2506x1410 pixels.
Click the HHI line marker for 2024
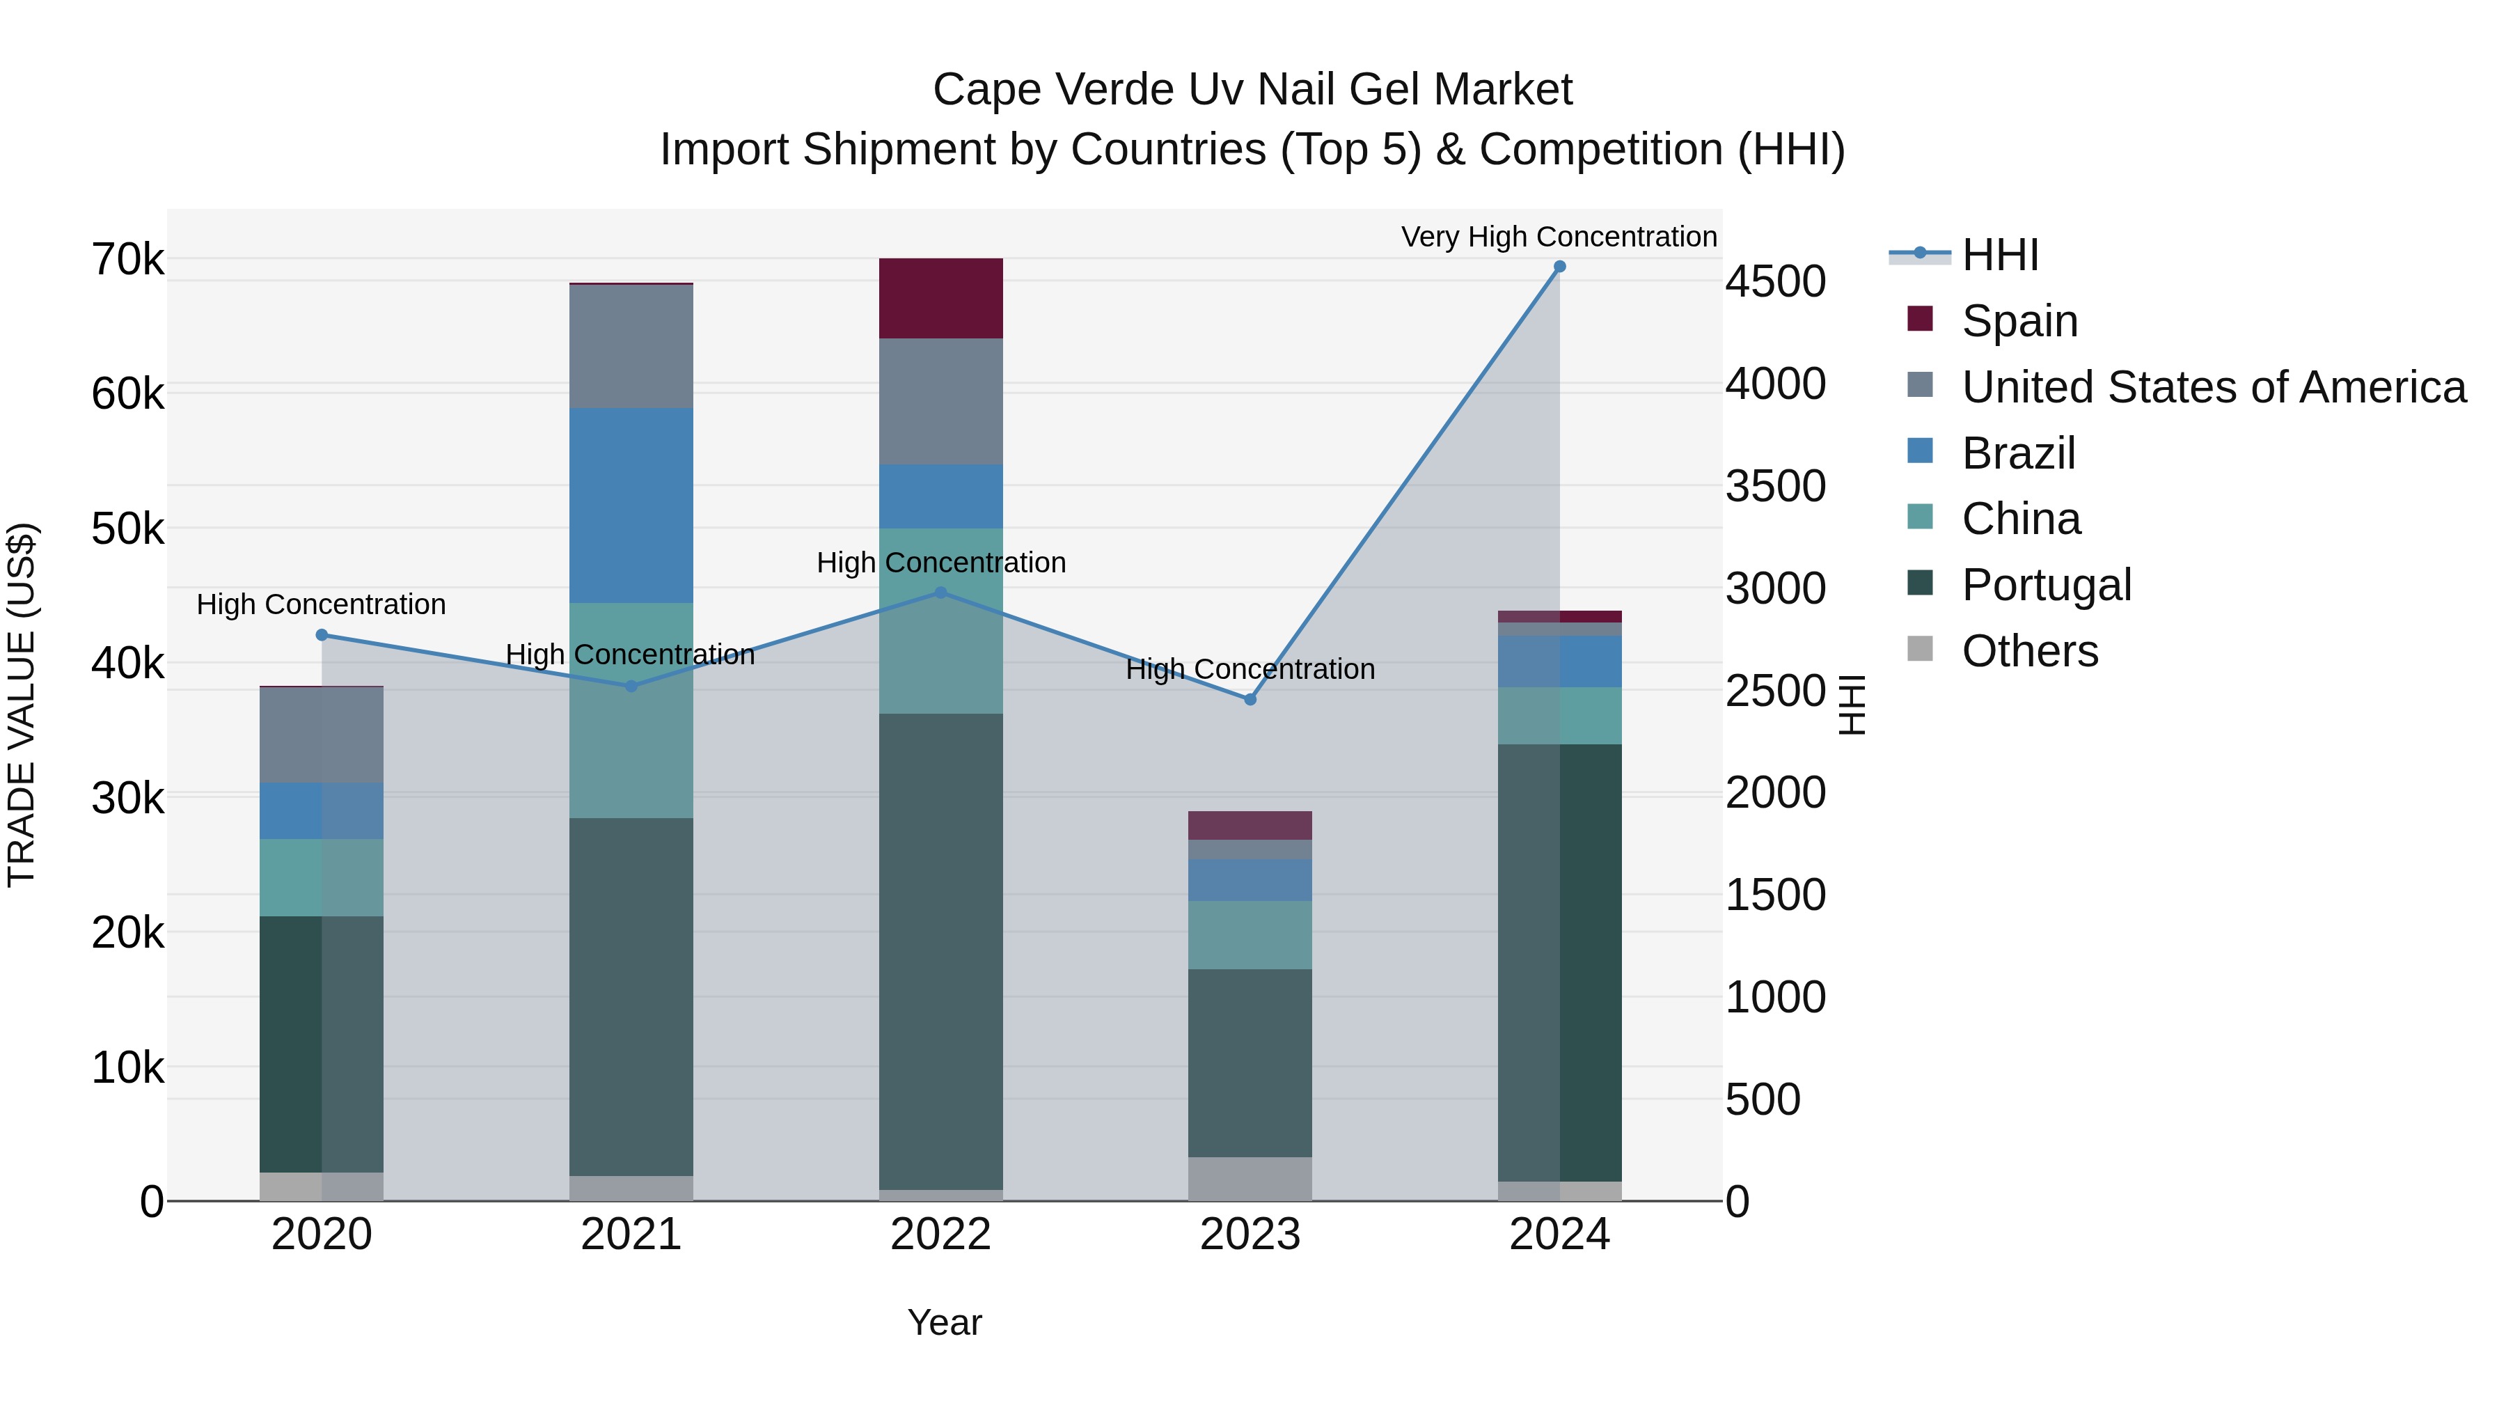click(1559, 267)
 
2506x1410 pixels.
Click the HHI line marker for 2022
click(940, 593)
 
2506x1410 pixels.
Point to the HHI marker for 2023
click(1250, 700)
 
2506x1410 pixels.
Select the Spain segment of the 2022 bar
click(940, 299)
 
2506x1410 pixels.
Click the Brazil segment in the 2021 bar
click(631, 506)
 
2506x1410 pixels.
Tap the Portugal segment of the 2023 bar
click(1250, 1063)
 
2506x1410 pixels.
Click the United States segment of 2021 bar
click(631, 347)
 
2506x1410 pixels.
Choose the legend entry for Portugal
click(2046, 586)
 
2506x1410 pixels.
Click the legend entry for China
click(2021, 519)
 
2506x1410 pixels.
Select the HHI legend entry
click(1999, 255)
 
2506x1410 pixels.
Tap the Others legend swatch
click(1921, 649)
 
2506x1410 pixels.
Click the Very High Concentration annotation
click(1559, 237)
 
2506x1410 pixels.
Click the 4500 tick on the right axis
click(1775, 282)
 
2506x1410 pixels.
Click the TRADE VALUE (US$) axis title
click(22, 705)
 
